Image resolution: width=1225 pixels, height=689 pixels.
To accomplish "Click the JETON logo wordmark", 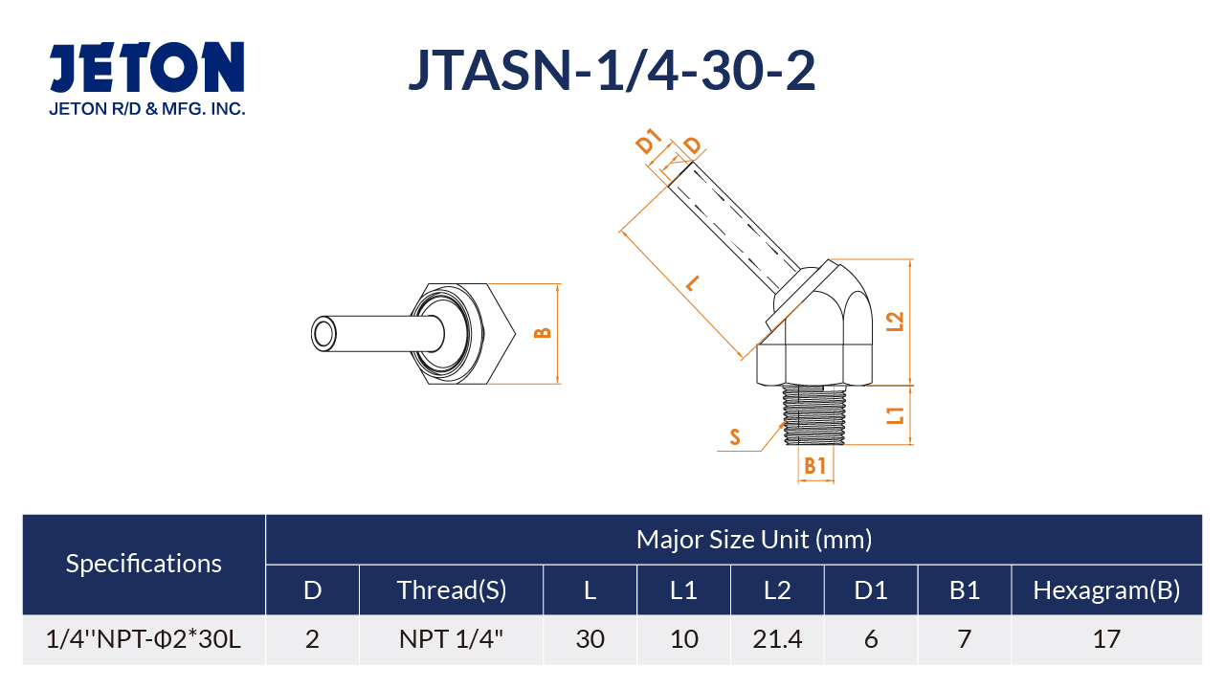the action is click(146, 67).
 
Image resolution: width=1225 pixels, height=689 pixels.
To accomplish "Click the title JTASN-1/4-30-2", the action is click(612, 71).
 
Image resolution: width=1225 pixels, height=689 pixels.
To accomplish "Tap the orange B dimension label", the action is click(542, 333).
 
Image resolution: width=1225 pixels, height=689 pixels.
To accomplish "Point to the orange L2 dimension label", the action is click(895, 322).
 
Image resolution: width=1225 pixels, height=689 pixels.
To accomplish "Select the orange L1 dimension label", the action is click(895, 416).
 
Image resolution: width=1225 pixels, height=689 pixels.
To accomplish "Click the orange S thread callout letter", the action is click(735, 437).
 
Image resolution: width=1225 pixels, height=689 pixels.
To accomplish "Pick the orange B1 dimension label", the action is click(814, 466).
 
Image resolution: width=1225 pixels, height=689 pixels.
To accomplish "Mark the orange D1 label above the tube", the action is click(649, 142).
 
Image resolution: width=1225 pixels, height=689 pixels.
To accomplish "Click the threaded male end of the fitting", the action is click(814, 414).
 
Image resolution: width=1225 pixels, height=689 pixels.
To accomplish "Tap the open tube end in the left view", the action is click(323, 334).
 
